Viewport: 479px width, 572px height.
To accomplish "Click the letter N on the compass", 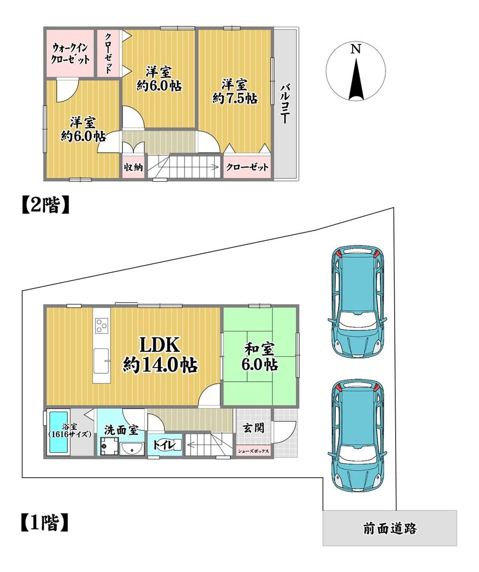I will [x=355, y=49].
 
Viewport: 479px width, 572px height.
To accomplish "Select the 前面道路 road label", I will [x=389, y=528].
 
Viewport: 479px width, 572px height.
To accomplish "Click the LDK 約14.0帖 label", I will [x=160, y=355].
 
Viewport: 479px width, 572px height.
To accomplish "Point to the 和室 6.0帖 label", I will [x=260, y=357].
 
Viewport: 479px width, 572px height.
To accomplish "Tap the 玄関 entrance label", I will [x=252, y=427].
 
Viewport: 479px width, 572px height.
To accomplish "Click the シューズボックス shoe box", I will [x=253, y=451].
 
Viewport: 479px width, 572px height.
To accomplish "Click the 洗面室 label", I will [x=121, y=429].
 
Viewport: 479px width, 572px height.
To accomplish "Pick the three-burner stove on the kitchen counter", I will [x=102, y=325].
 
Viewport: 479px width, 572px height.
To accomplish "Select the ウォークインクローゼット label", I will [x=70, y=54].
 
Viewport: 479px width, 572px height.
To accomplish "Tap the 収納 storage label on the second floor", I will [x=133, y=168].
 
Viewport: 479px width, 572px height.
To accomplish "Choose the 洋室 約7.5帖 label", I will [x=235, y=92].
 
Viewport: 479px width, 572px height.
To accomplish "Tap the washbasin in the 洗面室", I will [x=131, y=449].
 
